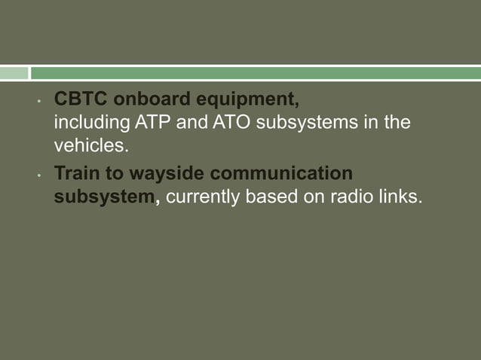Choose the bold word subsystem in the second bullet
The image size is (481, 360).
tap(103, 197)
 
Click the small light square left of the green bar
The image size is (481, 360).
tap(14, 73)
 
